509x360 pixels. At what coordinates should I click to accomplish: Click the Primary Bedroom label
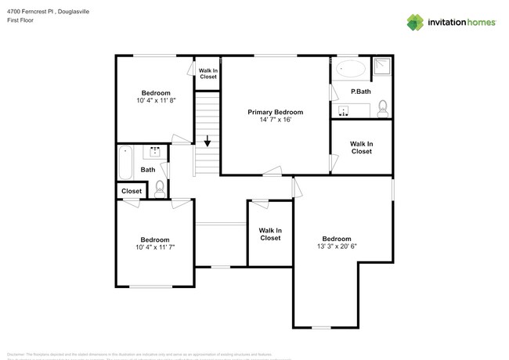click(x=275, y=112)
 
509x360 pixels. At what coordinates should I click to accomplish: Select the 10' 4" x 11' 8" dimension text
click(x=155, y=101)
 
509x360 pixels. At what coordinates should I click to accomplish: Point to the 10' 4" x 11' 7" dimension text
click(x=155, y=247)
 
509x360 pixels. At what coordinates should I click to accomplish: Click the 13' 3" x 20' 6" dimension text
click(x=337, y=247)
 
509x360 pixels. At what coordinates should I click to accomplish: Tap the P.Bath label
click(x=360, y=92)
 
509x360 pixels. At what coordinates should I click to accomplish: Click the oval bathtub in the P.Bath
click(x=350, y=70)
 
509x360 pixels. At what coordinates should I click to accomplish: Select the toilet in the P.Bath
click(x=383, y=108)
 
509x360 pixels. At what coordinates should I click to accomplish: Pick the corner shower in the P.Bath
click(x=383, y=67)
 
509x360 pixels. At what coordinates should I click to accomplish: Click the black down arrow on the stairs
click(x=207, y=142)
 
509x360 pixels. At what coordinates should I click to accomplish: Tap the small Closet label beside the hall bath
click(x=132, y=191)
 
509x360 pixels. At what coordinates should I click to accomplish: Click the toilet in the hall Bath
click(x=160, y=187)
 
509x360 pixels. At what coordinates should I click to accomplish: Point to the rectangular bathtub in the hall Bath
click(x=125, y=162)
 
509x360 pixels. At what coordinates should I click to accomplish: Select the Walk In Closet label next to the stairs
click(x=208, y=74)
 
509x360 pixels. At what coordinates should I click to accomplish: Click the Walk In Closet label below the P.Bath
click(x=361, y=147)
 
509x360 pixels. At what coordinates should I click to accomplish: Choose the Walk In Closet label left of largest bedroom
click(x=270, y=234)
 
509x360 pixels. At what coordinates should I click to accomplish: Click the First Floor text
click(x=23, y=20)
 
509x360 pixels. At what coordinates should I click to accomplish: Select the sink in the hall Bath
click(x=155, y=152)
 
